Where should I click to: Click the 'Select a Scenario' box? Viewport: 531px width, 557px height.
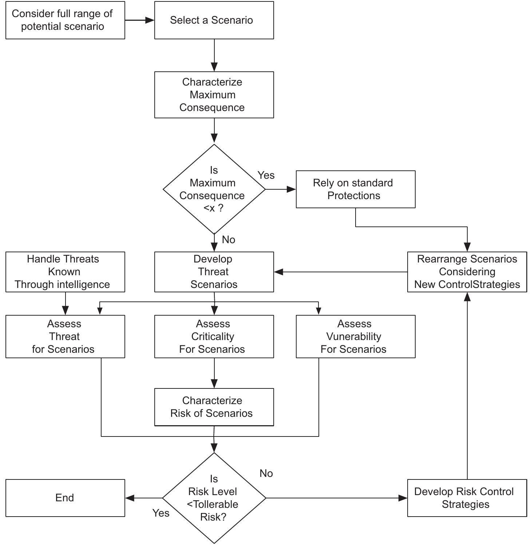(214, 20)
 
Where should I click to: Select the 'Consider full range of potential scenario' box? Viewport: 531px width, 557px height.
(65, 20)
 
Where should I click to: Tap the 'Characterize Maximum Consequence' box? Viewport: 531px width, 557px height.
(214, 95)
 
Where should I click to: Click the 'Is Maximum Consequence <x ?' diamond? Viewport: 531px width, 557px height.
(214, 189)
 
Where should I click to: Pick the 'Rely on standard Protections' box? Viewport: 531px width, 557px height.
(356, 189)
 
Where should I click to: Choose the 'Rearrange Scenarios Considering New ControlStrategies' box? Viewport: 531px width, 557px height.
(467, 272)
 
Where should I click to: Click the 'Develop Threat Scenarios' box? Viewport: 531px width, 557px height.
(214, 272)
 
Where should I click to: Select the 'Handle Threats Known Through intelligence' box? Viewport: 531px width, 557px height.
(65, 272)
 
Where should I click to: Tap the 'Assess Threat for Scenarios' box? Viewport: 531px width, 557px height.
(65, 336)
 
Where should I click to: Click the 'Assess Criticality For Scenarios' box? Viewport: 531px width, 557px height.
(214, 336)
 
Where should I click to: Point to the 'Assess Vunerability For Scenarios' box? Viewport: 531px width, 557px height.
(356, 336)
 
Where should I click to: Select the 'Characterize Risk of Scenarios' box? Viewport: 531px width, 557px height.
(214, 407)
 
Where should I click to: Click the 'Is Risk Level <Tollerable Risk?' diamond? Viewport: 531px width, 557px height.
(214, 498)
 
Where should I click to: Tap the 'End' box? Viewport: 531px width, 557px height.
(65, 498)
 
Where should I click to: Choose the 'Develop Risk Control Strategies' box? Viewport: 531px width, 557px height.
(467, 498)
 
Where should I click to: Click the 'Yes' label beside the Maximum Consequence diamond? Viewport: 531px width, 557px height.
(266, 175)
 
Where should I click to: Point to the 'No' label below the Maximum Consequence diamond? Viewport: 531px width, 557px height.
(229, 240)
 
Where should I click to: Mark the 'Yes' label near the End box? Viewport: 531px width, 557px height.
(161, 513)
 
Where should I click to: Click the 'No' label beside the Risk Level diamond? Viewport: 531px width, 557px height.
(266, 473)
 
